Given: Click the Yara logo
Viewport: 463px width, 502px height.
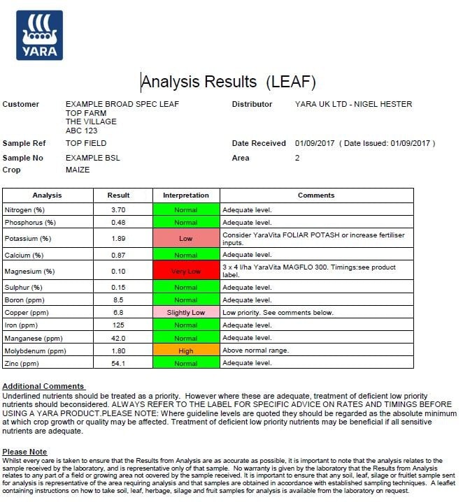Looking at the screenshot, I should click(x=39, y=35).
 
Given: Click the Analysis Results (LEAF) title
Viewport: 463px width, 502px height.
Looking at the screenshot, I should click(x=229, y=82).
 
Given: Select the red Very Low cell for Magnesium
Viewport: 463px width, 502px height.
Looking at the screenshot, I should click(x=185, y=271).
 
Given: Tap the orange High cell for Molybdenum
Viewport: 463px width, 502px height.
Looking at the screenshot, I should click(x=185, y=350).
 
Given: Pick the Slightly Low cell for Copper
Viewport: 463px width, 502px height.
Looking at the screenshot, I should click(x=185, y=312).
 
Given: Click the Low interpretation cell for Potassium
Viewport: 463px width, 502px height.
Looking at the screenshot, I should click(x=185, y=238).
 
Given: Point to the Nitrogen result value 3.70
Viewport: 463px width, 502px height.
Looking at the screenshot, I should click(x=118, y=209).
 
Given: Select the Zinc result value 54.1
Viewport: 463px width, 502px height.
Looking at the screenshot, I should click(x=118, y=364).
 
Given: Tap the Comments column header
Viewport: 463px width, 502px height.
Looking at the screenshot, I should click(x=316, y=195).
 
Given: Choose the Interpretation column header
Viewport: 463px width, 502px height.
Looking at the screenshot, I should click(x=185, y=195).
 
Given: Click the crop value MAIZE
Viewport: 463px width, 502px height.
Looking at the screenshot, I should click(x=78, y=170).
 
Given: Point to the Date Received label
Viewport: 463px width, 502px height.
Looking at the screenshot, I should click(x=259, y=144).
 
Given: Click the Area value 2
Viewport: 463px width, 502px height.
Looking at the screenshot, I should click(x=297, y=158).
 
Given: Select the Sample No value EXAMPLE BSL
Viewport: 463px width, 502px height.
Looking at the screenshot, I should click(x=92, y=158).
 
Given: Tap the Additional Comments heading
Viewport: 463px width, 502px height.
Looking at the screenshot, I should click(x=43, y=386).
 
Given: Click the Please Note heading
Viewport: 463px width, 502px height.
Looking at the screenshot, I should click(x=24, y=452).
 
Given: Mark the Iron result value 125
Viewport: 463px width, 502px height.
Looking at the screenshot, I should click(x=118, y=325).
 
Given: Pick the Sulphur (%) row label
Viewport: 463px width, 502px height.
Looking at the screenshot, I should click(x=24, y=287).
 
